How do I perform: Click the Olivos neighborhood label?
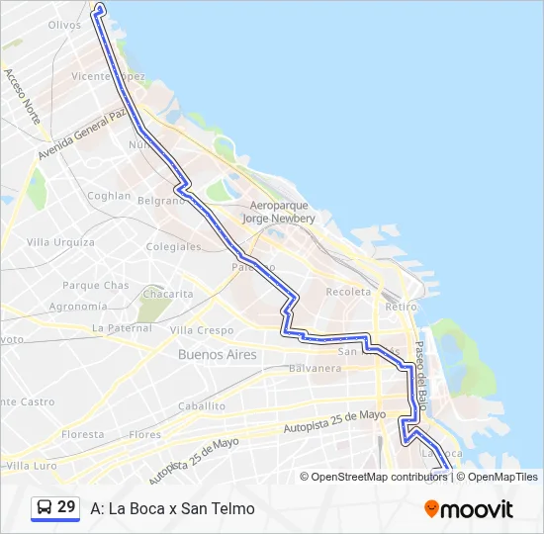(64, 25)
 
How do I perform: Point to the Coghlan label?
(109, 196)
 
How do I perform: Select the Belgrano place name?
(161, 200)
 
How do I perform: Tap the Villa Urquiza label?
(60, 242)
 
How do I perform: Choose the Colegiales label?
(173, 247)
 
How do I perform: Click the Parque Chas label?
(95, 286)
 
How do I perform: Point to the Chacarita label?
(168, 295)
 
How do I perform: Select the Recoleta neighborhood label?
(348, 293)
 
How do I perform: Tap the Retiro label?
(402, 308)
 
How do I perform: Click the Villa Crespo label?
(202, 330)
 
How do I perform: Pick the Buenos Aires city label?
(217, 354)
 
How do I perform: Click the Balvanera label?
(315, 369)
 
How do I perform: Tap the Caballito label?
(202, 406)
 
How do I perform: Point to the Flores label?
(145, 435)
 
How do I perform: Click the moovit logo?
(469, 509)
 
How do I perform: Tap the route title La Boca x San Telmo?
(172, 509)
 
